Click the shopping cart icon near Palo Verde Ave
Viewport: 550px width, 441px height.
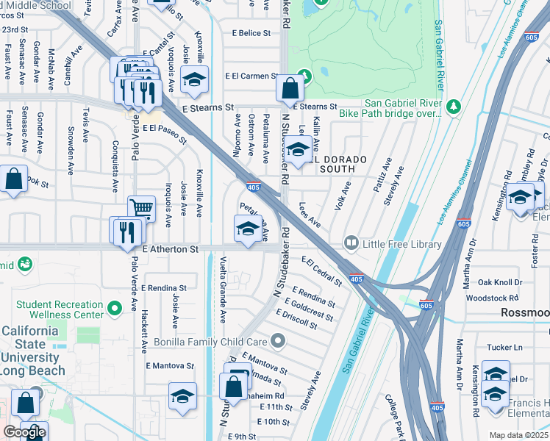point(141,209)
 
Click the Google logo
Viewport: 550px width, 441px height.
point(24,432)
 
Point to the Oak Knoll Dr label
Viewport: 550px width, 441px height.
point(500,282)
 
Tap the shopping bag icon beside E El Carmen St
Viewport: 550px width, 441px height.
point(290,89)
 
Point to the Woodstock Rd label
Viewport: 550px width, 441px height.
point(498,298)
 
